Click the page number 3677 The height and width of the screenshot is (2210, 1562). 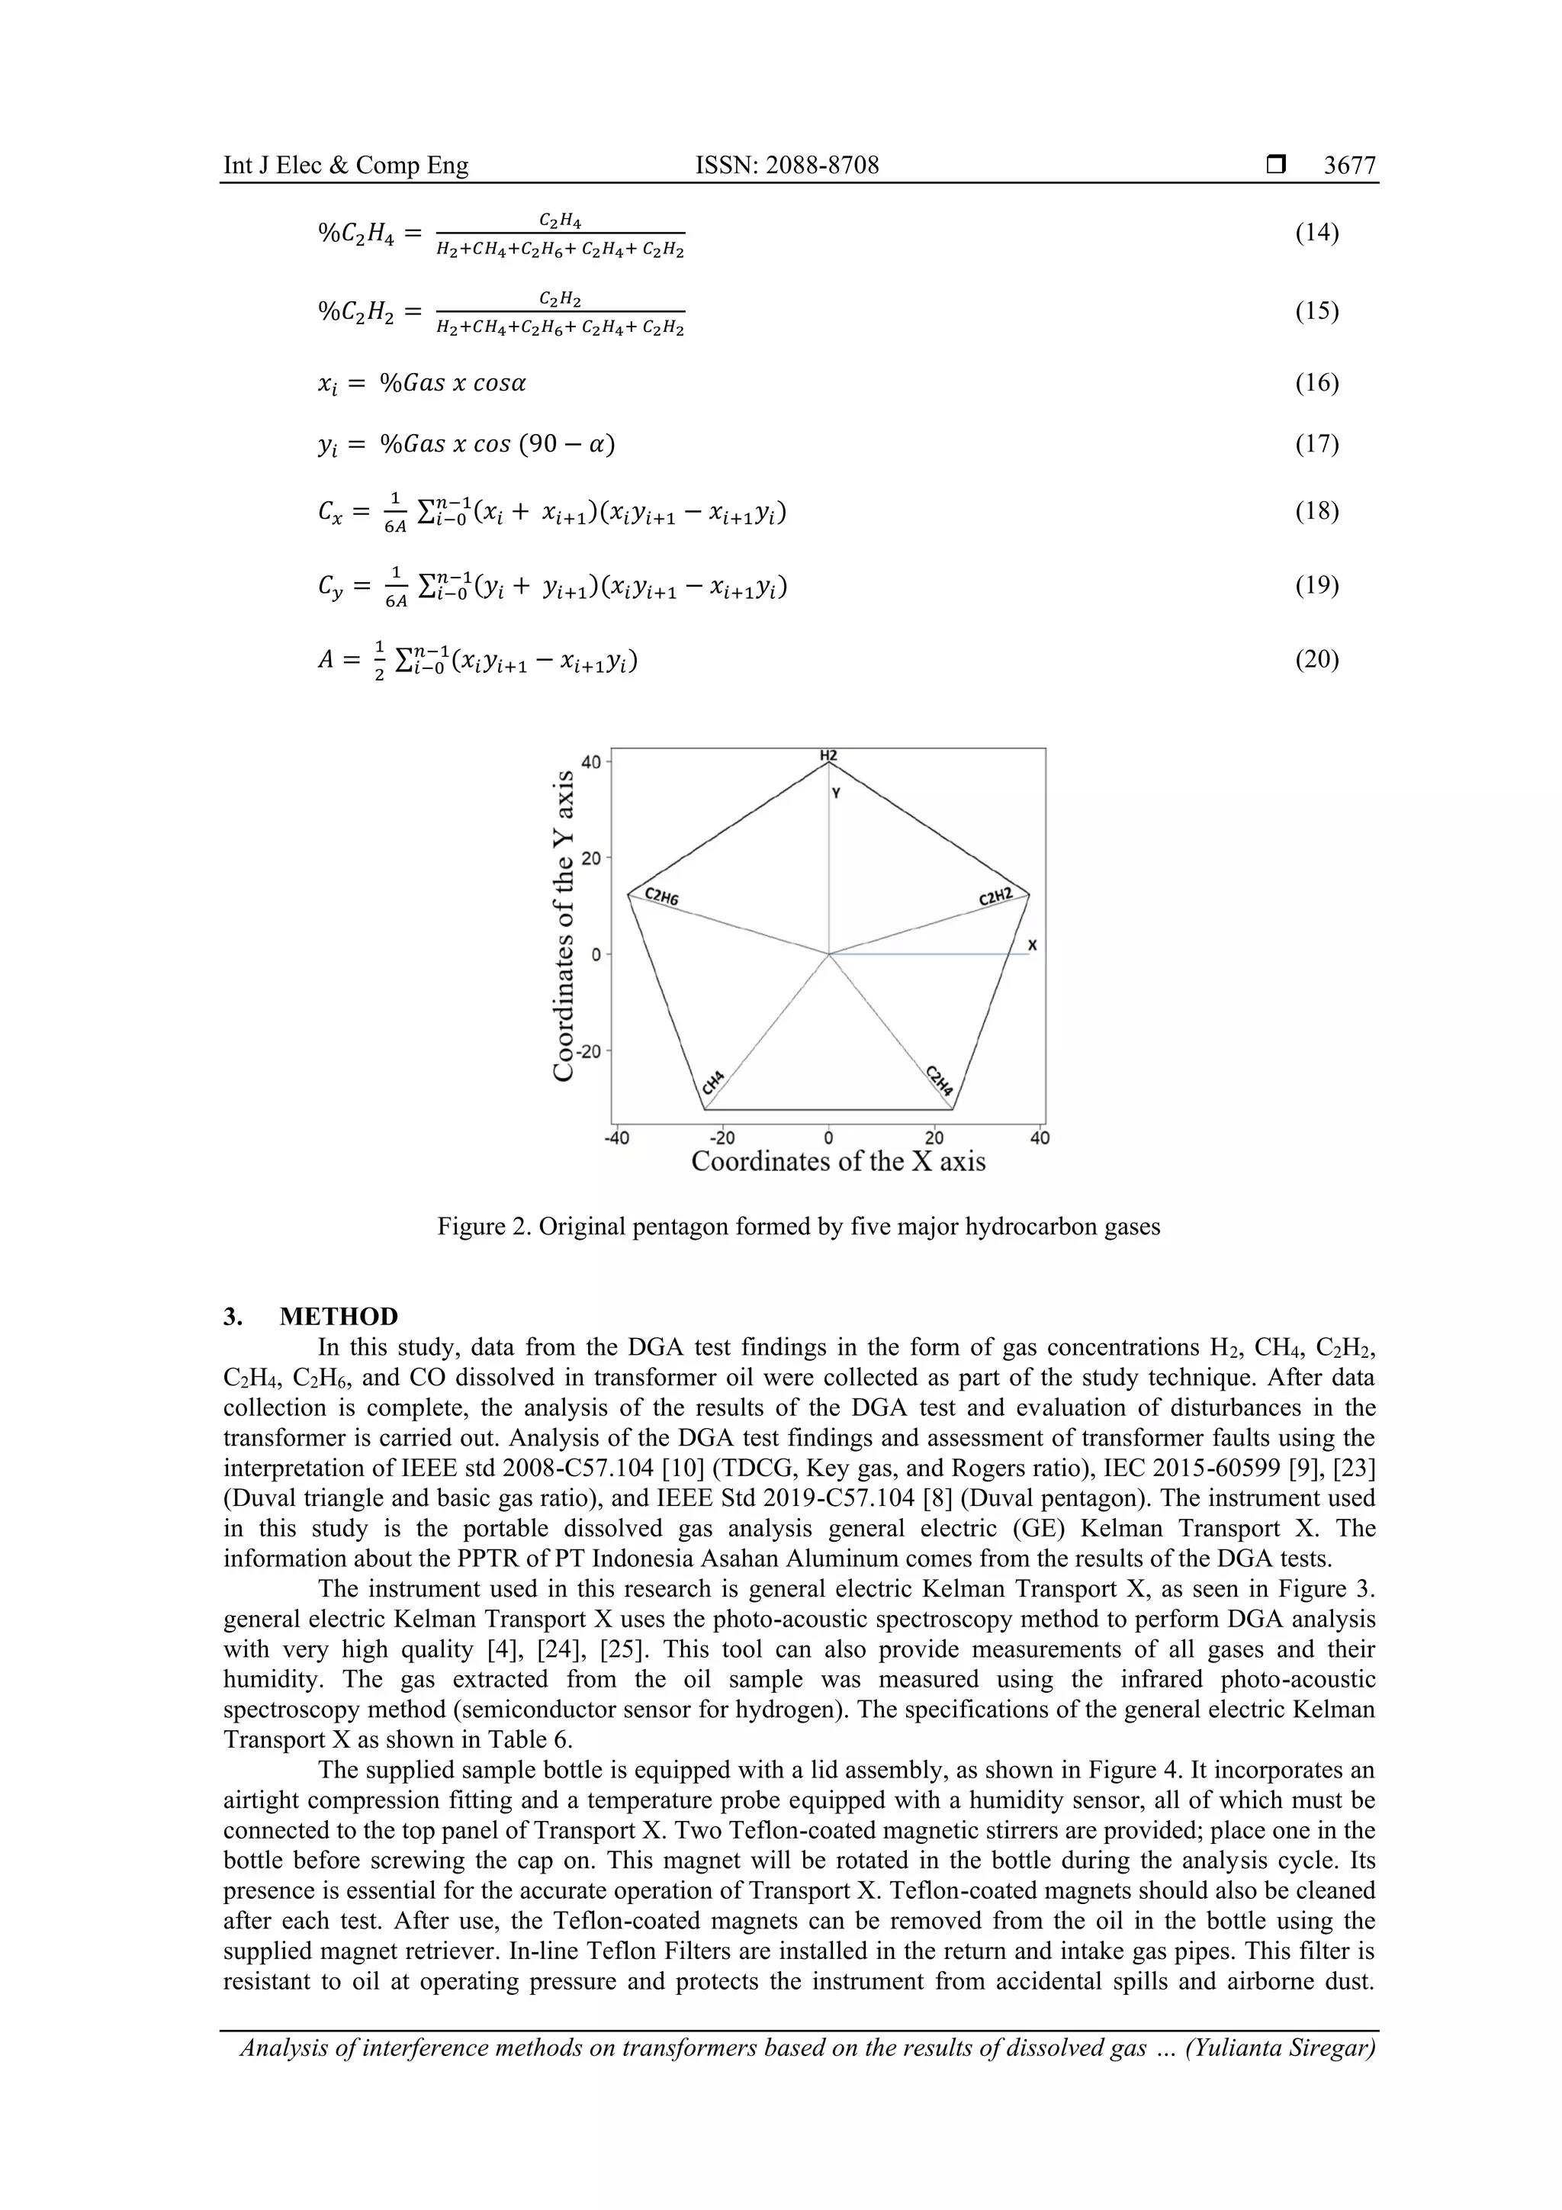(x=1349, y=166)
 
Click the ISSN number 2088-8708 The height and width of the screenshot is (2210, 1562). (x=786, y=166)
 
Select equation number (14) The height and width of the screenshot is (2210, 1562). (x=1316, y=232)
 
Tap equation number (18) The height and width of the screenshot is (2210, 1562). (x=1316, y=510)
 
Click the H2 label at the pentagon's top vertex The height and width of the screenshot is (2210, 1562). (x=828, y=755)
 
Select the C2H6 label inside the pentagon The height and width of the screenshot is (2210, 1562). (x=661, y=898)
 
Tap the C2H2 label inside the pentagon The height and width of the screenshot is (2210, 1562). (x=996, y=897)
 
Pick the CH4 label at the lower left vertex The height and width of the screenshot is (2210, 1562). (x=713, y=1081)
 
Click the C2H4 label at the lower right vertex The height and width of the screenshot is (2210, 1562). (x=940, y=1081)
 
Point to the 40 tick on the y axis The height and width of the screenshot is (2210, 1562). (x=590, y=762)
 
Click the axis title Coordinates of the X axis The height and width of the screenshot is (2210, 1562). (x=838, y=1162)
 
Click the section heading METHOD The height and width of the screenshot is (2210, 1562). (x=339, y=1317)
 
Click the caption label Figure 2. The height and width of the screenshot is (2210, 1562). (x=480, y=1227)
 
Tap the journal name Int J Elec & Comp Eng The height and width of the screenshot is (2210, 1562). (x=346, y=166)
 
